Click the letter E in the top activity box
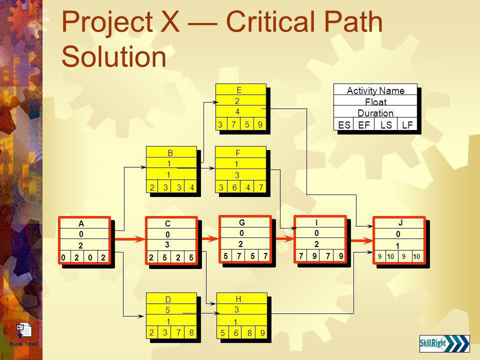click(239, 90)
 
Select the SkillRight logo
click(444, 344)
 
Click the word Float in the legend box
click(374, 101)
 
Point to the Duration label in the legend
click(374, 112)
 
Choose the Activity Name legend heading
click(374, 90)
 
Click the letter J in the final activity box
click(400, 223)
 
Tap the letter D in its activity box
click(168, 299)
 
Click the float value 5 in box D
click(168, 310)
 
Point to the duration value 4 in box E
click(238, 111)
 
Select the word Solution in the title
click(113, 56)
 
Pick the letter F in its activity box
click(238, 153)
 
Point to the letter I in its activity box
click(317, 222)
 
